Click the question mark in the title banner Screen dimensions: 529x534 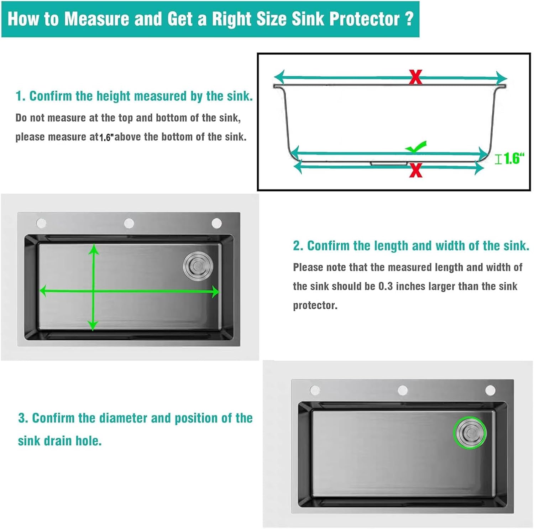[x=409, y=19]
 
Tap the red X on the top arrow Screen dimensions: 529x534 [x=415, y=77]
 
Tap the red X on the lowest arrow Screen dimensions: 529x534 [x=415, y=170]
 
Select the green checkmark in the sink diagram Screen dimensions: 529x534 [x=416, y=146]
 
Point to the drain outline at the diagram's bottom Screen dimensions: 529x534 [x=388, y=163]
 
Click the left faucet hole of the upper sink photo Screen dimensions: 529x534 [x=41, y=223]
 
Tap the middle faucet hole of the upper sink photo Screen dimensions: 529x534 [x=129, y=223]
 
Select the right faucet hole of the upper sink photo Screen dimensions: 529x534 [x=216, y=223]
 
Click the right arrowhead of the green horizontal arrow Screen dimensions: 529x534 [x=215, y=292]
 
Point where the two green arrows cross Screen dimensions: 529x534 [x=93, y=291]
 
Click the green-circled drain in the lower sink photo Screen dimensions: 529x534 [x=470, y=433]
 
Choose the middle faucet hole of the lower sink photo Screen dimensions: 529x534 [x=403, y=390]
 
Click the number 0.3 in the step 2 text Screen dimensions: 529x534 [x=386, y=286]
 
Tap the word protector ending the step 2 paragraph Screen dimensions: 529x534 [x=315, y=305]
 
